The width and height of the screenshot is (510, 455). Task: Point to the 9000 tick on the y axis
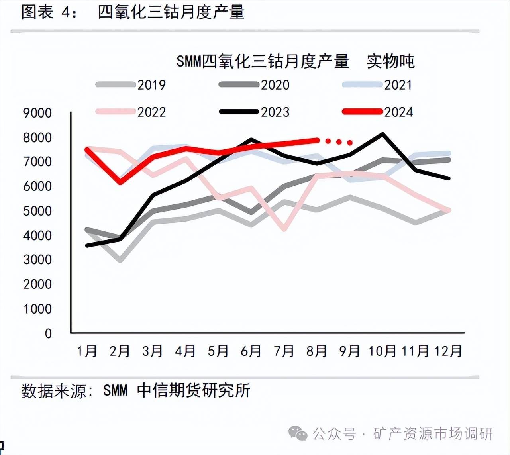37,113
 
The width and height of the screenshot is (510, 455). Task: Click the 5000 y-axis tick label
37,211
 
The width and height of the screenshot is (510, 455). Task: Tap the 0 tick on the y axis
48,333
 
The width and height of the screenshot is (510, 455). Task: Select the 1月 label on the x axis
87,351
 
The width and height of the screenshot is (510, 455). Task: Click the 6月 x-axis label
251,351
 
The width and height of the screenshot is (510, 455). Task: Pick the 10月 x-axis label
382,351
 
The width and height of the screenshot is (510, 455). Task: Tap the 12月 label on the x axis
448,351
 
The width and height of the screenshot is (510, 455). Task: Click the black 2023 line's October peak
383,134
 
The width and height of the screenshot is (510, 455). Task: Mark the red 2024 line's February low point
120,183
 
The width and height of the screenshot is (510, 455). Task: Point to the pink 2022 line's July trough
284,229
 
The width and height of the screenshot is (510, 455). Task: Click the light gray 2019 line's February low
120,261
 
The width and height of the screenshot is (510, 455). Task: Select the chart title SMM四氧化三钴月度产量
263,61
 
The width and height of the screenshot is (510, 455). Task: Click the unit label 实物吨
390,61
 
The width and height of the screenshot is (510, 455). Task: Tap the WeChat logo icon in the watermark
298,433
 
